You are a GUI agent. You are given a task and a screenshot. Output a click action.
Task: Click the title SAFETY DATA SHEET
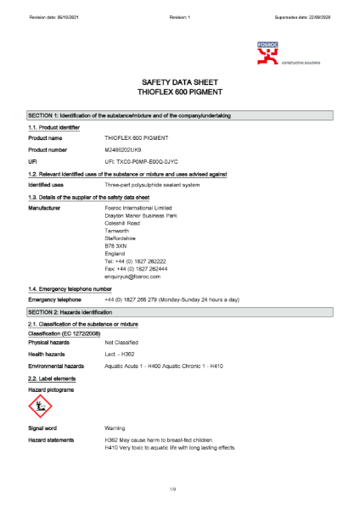pyautogui.click(x=179, y=83)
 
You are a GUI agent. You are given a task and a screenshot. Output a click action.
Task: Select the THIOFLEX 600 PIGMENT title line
pyautogui.click(x=179, y=93)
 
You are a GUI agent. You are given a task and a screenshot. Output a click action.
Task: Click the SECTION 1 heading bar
pyautogui.click(x=179, y=115)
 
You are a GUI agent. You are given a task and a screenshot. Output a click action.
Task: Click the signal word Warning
pyautogui.click(x=115, y=428)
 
